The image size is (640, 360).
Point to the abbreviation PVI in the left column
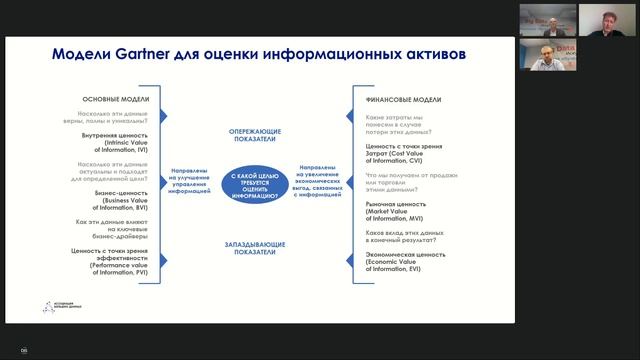(x=138, y=270)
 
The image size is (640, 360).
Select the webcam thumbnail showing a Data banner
(x=546, y=59)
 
